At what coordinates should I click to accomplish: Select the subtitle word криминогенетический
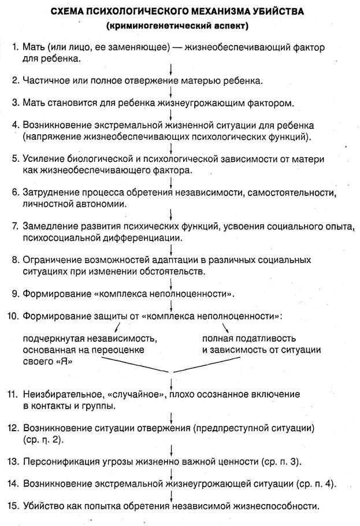pyautogui.click(x=159, y=26)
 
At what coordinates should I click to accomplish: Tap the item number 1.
pyautogui.click(x=14, y=46)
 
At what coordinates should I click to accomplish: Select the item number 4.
pyautogui.click(x=14, y=125)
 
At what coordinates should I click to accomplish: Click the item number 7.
pyautogui.click(x=14, y=225)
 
